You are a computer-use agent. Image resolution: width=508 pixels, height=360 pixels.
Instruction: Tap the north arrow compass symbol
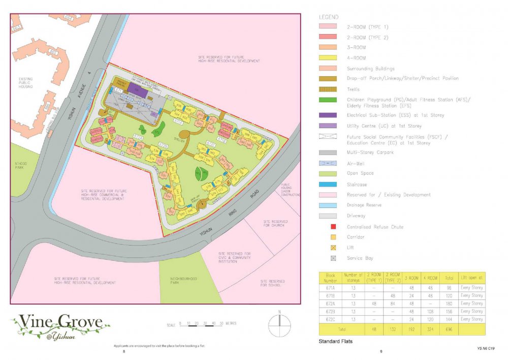click(x=279, y=323)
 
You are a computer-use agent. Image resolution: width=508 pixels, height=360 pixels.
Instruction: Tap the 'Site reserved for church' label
click(x=275, y=223)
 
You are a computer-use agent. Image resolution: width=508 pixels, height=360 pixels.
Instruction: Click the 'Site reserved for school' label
click(x=272, y=283)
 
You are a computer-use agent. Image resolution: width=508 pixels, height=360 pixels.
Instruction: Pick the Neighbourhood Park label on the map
click(x=184, y=281)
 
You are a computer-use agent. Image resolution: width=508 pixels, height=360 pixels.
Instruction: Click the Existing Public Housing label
click(x=26, y=83)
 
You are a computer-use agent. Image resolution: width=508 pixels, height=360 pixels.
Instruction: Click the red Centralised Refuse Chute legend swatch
click(x=334, y=227)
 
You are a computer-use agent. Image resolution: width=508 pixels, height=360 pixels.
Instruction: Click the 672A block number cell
click(x=331, y=303)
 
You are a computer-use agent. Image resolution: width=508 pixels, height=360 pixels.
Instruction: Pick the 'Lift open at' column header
click(x=472, y=277)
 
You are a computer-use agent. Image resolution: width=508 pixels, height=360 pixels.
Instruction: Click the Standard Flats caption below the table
click(x=335, y=341)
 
